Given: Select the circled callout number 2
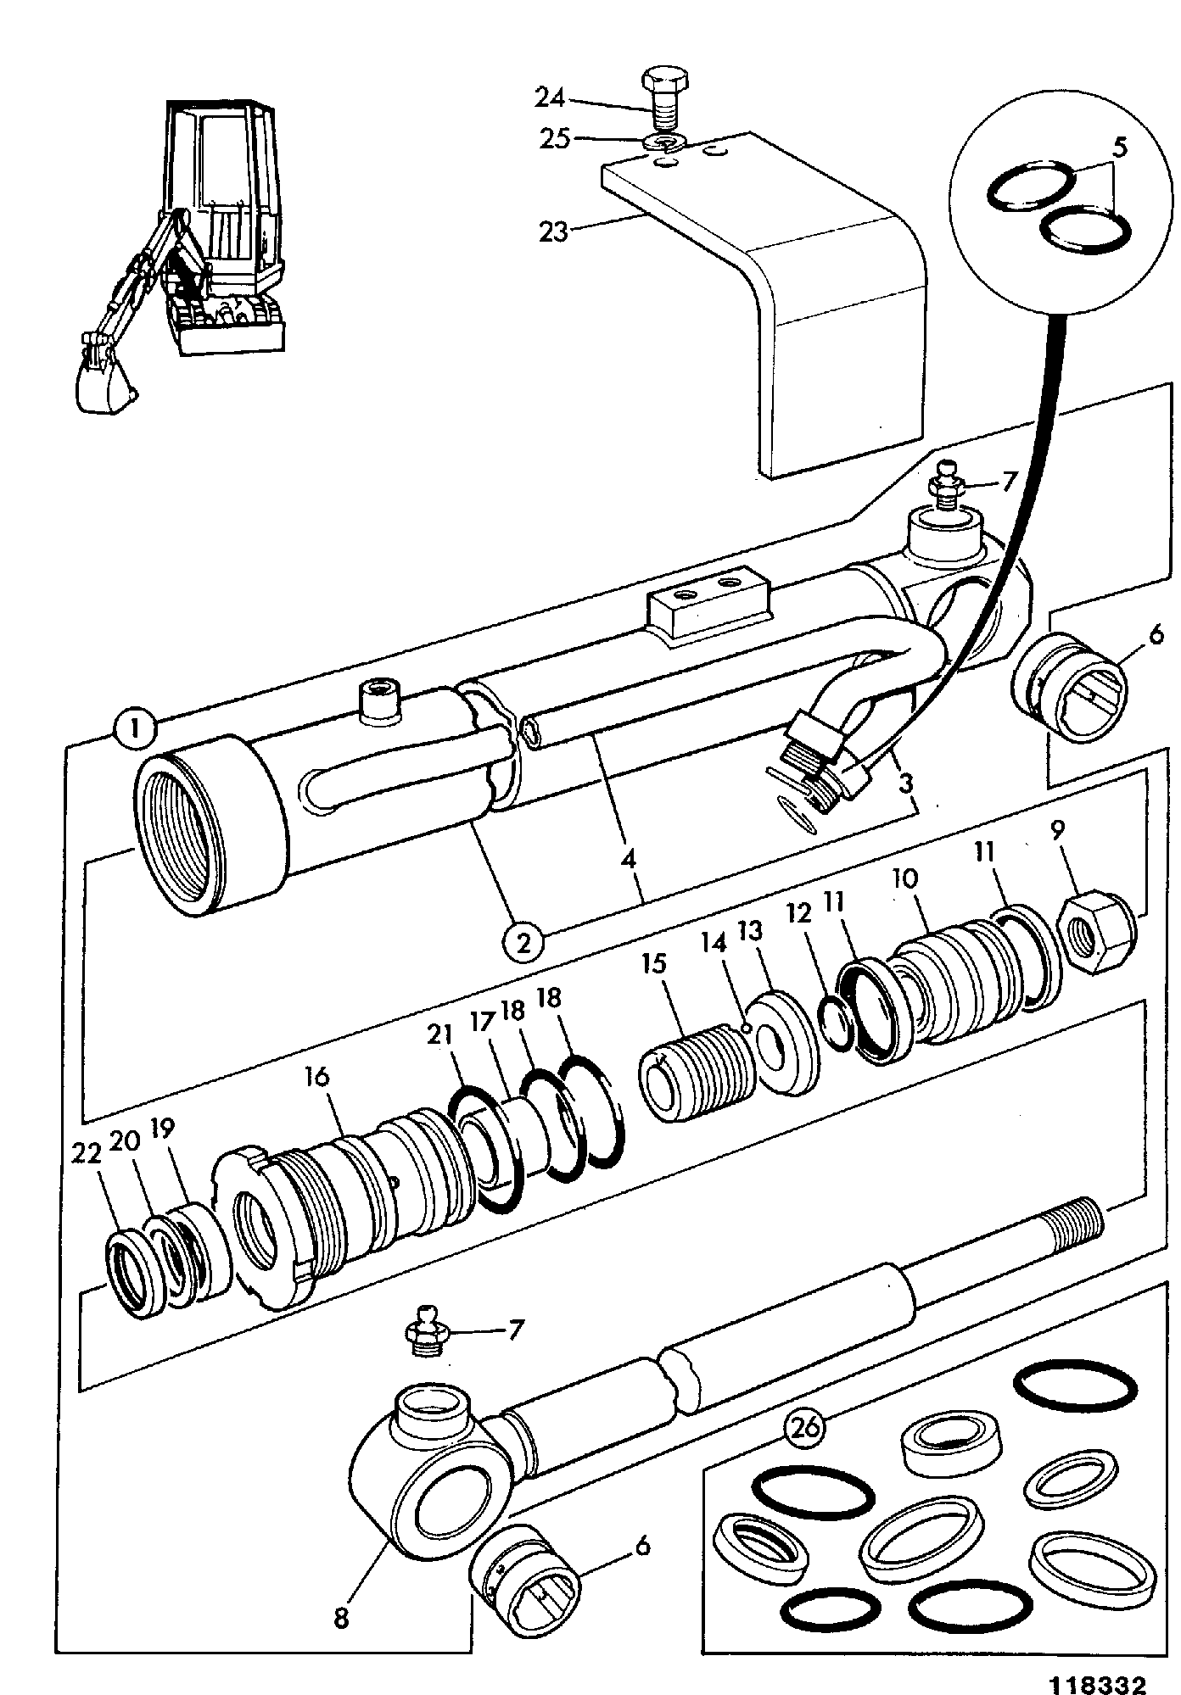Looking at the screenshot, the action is [x=523, y=942].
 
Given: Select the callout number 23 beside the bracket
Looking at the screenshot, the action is [x=553, y=230].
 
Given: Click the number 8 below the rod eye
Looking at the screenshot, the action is [x=342, y=1618].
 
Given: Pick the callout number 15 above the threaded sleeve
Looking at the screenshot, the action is [x=654, y=965].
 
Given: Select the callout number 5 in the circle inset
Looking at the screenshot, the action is [x=1119, y=148].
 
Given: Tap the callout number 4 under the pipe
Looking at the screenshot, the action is [x=628, y=858].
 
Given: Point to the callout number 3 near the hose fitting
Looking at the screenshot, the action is [x=905, y=783].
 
